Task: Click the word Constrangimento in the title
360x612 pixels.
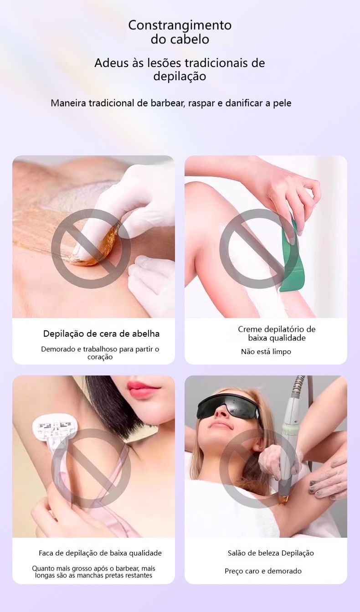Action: (x=180, y=26)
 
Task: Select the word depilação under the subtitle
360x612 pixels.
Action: (x=180, y=77)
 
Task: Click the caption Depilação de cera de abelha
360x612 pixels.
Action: (x=101, y=334)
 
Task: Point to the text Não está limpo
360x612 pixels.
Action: (x=266, y=352)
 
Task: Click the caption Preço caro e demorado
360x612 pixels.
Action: (x=263, y=571)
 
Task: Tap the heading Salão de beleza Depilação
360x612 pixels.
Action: (x=271, y=553)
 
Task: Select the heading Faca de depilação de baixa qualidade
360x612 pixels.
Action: (x=100, y=553)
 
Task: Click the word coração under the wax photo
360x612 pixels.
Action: (x=100, y=357)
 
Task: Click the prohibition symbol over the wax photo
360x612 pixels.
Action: (x=91, y=249)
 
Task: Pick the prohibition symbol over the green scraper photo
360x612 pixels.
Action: (x=259, y=249)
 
